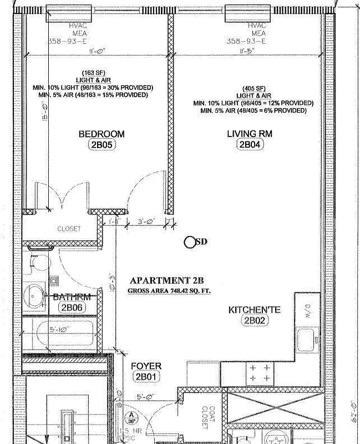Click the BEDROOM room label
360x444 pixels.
point(101,134)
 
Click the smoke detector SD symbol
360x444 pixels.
point(191,241)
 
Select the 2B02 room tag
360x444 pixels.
point(255,321)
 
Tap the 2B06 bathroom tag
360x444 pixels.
point(72,308)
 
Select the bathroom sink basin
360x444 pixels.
point(37,292)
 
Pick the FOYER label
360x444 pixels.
point(146,366)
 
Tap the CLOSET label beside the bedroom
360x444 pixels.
point(69,229)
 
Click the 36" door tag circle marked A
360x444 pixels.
point(131,417)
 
